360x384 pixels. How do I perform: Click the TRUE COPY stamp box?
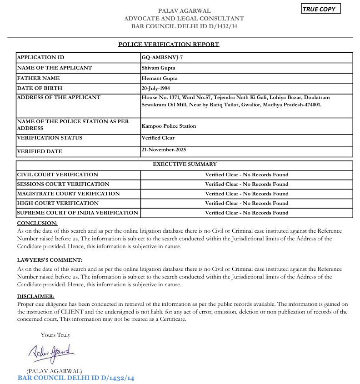click(321, 9)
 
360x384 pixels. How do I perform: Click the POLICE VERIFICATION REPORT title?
click(169, 45)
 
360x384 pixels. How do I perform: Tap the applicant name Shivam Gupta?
click(159, 68)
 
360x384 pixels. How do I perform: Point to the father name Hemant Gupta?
click(160, 78)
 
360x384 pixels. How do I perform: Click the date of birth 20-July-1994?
click(156, 88)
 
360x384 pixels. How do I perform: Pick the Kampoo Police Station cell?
click(169, 126)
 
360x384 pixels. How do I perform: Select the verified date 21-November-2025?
click(164, 150)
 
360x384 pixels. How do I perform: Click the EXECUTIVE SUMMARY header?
click(185, 164)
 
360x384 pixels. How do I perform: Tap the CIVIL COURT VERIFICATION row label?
click(57, 175)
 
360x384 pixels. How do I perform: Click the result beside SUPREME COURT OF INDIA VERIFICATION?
click(246, 213)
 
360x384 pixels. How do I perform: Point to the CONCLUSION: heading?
click(37, 223)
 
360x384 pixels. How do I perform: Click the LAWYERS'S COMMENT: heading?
click(50, 260)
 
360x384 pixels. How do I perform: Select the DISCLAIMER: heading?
click(35, 296)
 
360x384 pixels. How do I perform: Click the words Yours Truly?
click(55, 335)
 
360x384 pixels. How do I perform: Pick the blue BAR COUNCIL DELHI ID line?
click(76, 378)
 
